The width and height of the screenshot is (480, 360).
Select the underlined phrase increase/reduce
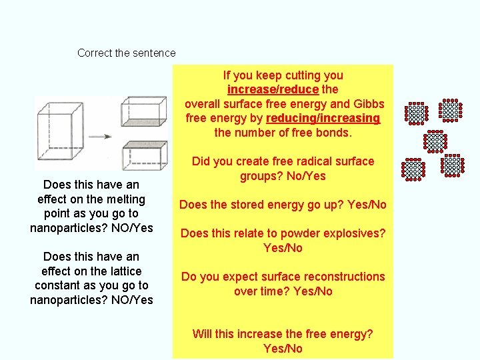click(x=272, y=89)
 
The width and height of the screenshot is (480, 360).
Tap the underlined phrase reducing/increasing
click(x=323, y=119)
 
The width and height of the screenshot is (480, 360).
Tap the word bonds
click(x=334, y=133)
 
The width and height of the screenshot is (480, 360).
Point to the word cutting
click(x=298, y=75)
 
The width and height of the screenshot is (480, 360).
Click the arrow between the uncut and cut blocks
click(x=99, y=137)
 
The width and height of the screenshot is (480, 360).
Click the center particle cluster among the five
click(x=435, y=141)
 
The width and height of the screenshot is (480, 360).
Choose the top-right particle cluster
click(x=451, y=111)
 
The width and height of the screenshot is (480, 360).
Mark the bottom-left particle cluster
click(x=413, y=169)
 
